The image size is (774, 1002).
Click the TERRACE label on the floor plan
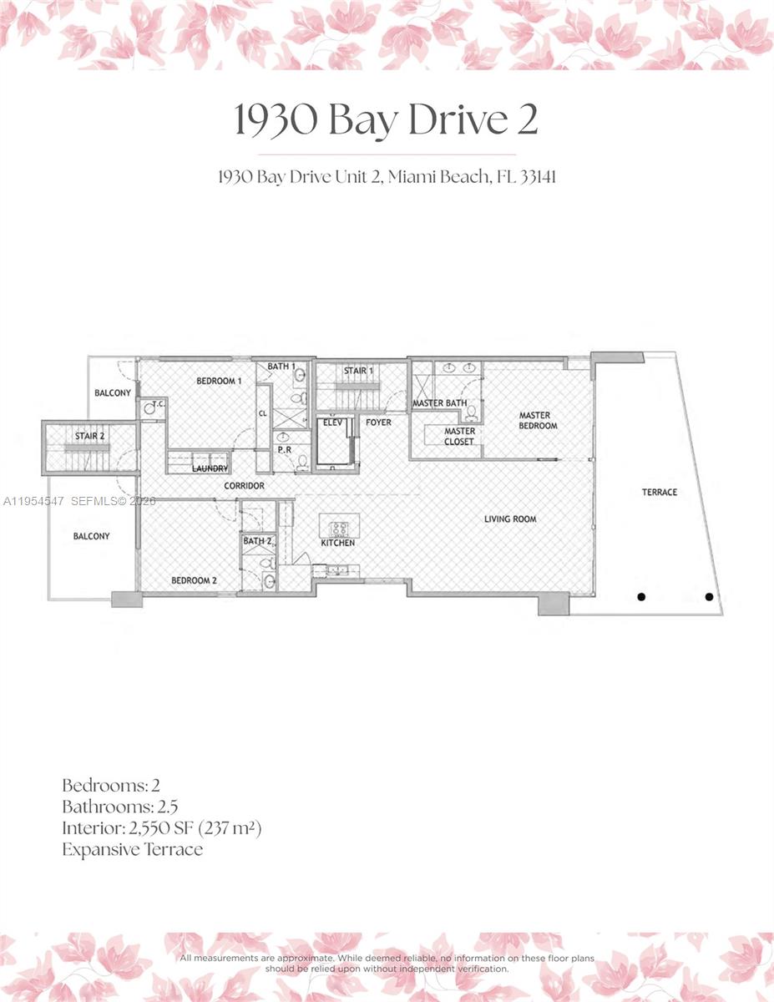click(x=660, y=493)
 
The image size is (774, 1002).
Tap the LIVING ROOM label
click(x=510, y=519)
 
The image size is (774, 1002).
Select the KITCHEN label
click(x=338, y=544)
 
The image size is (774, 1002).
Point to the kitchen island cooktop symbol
click(x=340, y=528)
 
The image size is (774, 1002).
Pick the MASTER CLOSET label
click(x=459, y=437)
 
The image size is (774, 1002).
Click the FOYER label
click(x=378, y=423)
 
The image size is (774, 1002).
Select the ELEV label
click(x=334, y=423)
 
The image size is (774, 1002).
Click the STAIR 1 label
click(x=359, y=371)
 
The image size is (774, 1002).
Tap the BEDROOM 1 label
click(x=218, y=382)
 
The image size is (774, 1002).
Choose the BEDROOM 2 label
click(x=194, y=580)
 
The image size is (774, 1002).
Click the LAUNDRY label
click(x=210, y=469)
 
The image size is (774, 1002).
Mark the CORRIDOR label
click(x=244, y=486)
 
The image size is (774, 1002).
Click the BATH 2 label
click(x=257, y=542)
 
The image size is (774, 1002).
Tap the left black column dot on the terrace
click(x=642, y=596)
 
